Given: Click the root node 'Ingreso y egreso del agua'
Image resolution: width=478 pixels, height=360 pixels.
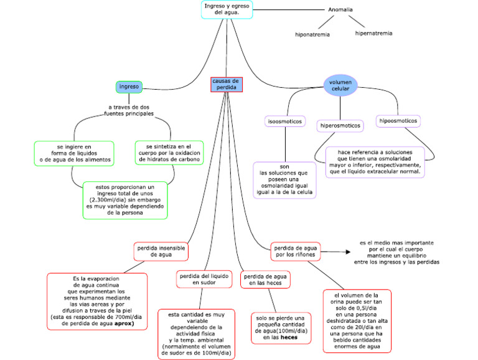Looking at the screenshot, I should pos(227,9).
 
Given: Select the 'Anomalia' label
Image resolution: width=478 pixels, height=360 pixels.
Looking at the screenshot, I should pos(340,9).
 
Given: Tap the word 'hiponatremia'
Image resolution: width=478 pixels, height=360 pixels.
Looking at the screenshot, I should pos(312,34).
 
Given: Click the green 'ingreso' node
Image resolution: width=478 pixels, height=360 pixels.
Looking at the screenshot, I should pos(129,87).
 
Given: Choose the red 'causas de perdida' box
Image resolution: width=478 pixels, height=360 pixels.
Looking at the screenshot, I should pos(226,85).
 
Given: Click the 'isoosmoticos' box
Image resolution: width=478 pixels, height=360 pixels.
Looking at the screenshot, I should pos(284,121).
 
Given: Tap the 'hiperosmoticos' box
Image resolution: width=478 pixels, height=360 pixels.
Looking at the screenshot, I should pos(340,126).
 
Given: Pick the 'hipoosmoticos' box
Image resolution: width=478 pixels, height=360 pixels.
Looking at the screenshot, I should pos(398,120).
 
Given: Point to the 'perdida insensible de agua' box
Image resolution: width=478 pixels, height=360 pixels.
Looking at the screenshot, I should pos(161,251).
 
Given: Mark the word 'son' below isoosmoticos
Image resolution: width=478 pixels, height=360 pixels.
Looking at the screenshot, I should pos(284,166).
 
